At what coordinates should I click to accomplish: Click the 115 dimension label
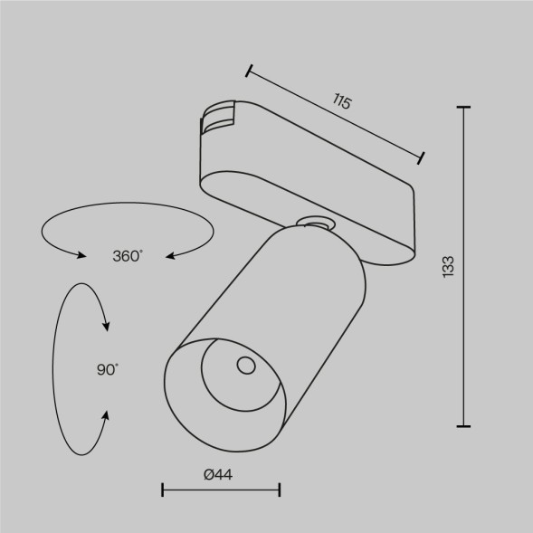(341, 102)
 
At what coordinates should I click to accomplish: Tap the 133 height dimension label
(449, 266)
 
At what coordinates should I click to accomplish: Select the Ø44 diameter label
(220, 475)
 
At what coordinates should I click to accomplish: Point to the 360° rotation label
(128, 256)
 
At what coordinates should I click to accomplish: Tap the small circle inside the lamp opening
(244, 366)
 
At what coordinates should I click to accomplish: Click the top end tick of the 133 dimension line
(464, 108)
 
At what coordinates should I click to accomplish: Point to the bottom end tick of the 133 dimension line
(464, 424)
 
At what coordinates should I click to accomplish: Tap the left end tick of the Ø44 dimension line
(162, 490)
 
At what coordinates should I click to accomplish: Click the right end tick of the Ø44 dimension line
(280, 490)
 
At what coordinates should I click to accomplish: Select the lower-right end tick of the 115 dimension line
(422, 159)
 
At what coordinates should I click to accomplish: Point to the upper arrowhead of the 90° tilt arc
(107, 325)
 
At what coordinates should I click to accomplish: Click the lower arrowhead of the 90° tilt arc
(106, 415)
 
